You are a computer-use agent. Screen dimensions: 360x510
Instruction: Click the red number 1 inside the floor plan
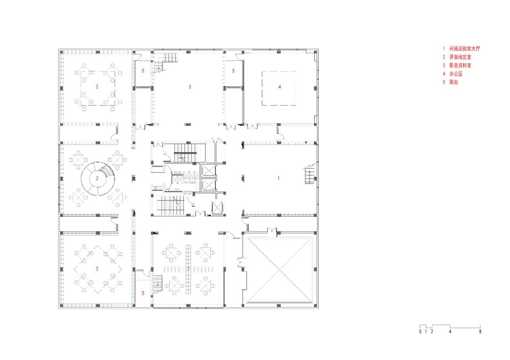pyautogui.click(x=279, y=178)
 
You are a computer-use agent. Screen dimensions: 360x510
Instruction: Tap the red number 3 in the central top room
pyautogui.click(x=190, y=86)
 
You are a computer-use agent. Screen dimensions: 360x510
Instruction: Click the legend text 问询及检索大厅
pyautogui.click(x=465, y=49)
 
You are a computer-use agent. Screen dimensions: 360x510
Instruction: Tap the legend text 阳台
pyautogui.click(x=453, y=82)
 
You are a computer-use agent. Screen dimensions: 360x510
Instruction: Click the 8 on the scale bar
pyautogui.click(x=480, y=332)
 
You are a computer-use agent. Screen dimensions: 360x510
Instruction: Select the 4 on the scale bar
pyautogui.click(x=450, y=332)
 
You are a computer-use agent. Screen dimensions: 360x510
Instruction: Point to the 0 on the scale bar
pyautogui.click(x=420, y=332)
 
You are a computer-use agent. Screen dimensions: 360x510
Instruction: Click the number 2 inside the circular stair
pyautogui.click(x=97, y=178)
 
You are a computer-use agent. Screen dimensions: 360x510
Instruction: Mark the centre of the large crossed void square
pyautogui.click(x=279, y=270)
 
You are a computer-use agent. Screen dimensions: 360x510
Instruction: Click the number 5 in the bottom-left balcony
pyautogui.click(x=143, y=293)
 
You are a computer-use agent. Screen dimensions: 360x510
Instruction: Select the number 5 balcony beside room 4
pyautogui.click(x=234, y=71)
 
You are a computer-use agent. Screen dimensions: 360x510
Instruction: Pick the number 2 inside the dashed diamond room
pyautogui.click(x=97, y=269)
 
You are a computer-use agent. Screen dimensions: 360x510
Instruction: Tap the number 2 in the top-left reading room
pyautogui.click(x=97, y=86)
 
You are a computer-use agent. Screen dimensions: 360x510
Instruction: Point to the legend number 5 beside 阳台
pyautogui.click(x=443, y=82)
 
